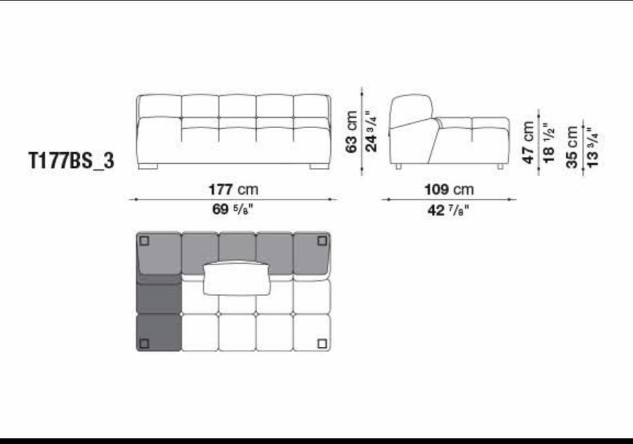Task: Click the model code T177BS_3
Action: (71, 160)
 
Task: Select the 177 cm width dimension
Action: (233, 189)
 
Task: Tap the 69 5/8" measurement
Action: (233, 209)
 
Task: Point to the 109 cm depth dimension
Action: (449, 189)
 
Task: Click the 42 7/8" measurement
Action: (448, 210)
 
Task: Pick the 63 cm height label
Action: (352, 131)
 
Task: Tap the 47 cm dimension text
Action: (528, 142)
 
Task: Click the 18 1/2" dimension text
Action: (548, 143)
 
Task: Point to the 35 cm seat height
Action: (572, 147)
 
